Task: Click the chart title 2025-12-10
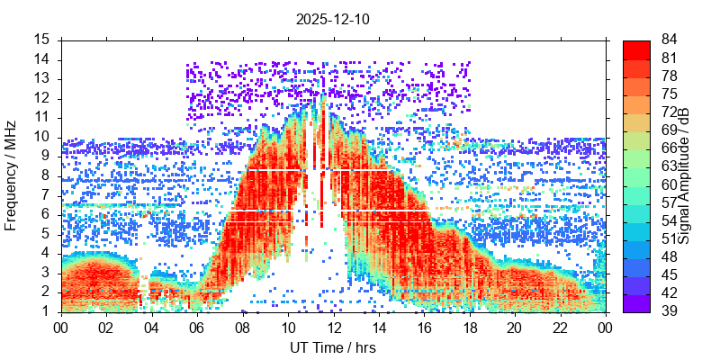coord(332,18)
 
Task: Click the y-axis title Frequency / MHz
coord(12,175)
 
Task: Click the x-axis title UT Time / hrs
coord(332,347)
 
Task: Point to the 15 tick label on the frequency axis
coord(43,40)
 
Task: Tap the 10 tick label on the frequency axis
coord(43,137)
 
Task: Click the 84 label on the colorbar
coord(670,40)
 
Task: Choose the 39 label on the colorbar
coord(670,311)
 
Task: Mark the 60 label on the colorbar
coord(670,184)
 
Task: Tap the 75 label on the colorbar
coord(670,94)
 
